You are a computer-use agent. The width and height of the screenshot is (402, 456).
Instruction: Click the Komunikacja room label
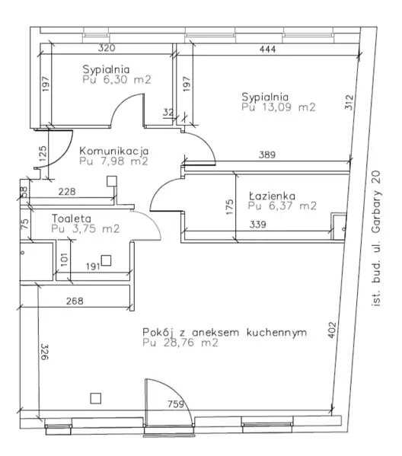[x=113, y=151]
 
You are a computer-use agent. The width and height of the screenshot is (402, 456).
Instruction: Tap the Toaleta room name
[x=72, y=218]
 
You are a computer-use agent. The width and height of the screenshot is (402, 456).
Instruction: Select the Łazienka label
[x=272, y=196]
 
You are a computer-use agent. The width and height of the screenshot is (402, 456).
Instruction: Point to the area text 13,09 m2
[x=289, y=107]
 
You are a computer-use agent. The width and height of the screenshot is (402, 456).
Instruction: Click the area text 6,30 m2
[x=127, y=79]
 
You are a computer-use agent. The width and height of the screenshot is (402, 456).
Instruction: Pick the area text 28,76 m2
[x=190, y=343]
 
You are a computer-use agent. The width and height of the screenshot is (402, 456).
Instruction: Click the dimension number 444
[x=267, y=49]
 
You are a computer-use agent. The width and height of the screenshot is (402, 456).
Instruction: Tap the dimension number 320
[x=107, y=48]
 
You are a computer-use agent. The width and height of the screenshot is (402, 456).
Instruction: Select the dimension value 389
[x=267, y=155]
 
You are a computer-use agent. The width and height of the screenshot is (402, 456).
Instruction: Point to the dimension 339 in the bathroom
[x=258, y=225]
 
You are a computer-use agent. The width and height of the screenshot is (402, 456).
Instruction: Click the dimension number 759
[x=176, y=404]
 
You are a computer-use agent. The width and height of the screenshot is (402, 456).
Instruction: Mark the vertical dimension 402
[x=332, y=330]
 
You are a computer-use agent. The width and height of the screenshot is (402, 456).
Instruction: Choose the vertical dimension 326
[x=44, y=352]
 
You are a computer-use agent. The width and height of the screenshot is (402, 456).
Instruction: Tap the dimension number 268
[x=75, y=301]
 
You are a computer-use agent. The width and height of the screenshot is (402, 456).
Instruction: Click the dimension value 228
[x=67, y=191]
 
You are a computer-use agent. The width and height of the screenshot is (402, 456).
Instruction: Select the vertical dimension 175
[x=229, y=207]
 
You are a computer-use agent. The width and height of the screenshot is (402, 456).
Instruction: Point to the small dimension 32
[x=168, y=112]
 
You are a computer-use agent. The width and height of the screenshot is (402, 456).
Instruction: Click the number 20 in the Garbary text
[x=375, y=177]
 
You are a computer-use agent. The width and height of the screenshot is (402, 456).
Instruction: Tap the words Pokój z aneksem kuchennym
[x=225, y=332]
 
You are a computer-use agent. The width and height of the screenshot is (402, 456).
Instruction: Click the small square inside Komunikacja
[x=112, y=181]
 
